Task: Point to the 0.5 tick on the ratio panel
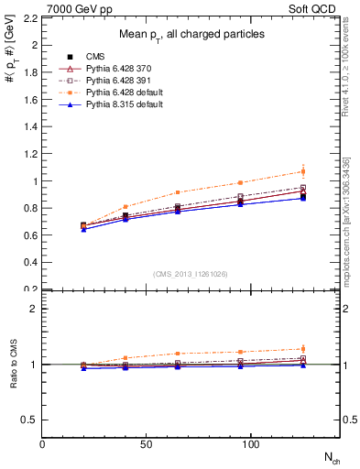click(x=29, y=420)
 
